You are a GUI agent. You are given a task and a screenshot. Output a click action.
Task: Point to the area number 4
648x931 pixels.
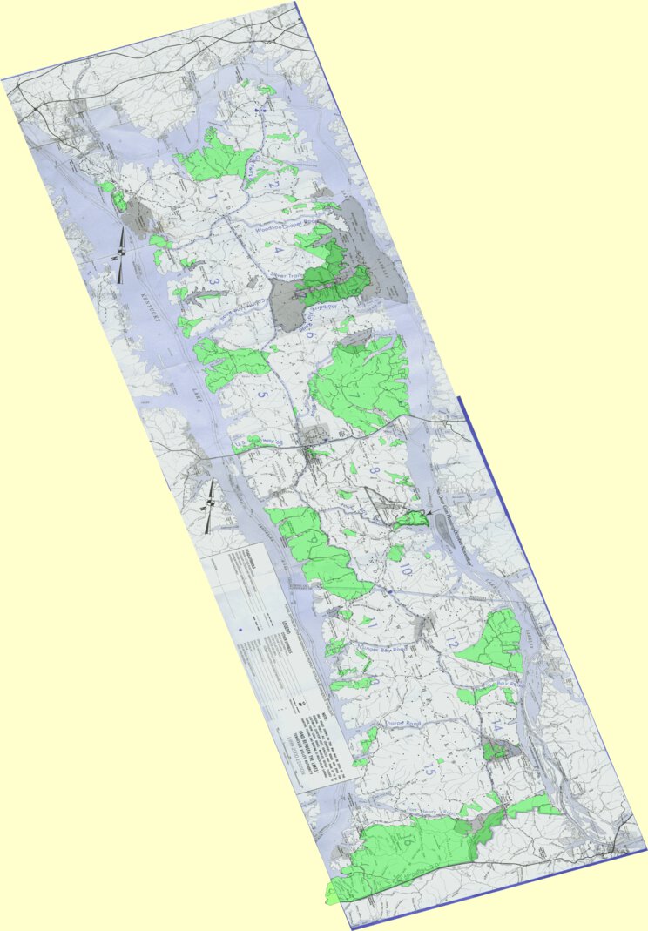(x=279, y=251)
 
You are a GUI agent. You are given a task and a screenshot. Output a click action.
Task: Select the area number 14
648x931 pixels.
(x=496, y=725)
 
